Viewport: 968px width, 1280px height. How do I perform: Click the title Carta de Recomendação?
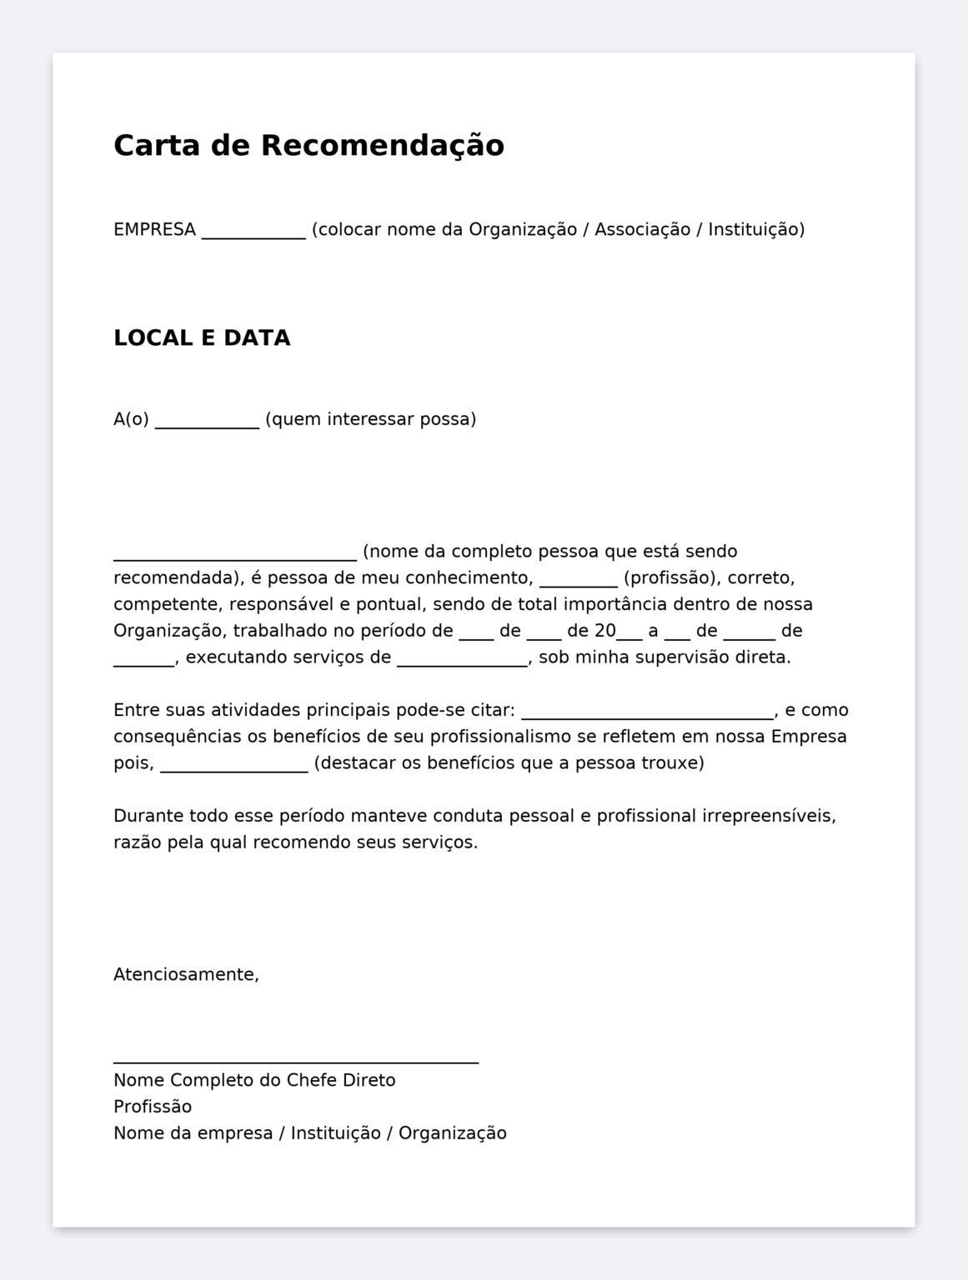[x=308, y=145]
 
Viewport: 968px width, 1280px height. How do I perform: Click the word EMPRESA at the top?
[x=154, y=229]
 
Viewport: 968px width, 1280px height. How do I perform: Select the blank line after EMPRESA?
[x=253, y=236]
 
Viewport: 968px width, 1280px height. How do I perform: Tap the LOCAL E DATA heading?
[x=202, y=337]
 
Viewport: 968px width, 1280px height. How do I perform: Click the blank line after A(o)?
[x=207, y=425]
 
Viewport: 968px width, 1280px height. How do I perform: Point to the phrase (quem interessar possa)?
[x=370, y=418]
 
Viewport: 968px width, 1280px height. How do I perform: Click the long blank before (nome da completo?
[x=234, y=557]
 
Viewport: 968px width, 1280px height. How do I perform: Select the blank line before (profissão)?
[x=578, y=583]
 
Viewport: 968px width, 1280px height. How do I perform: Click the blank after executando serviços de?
[x=462, y=663]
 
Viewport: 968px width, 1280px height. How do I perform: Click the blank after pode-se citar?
[x=647, y=716]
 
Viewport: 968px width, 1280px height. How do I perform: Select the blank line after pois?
[x=233, y=769]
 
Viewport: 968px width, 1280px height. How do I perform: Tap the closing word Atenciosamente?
[x=186, y=974]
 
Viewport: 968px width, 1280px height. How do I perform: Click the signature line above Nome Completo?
[x=295, y=1062]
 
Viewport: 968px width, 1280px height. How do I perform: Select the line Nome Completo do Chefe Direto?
[x=254, y=1080]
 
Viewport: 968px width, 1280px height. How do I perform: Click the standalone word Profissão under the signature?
[x=153, y=1107]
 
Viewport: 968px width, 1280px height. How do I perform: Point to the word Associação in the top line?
[x=642, y=229]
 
